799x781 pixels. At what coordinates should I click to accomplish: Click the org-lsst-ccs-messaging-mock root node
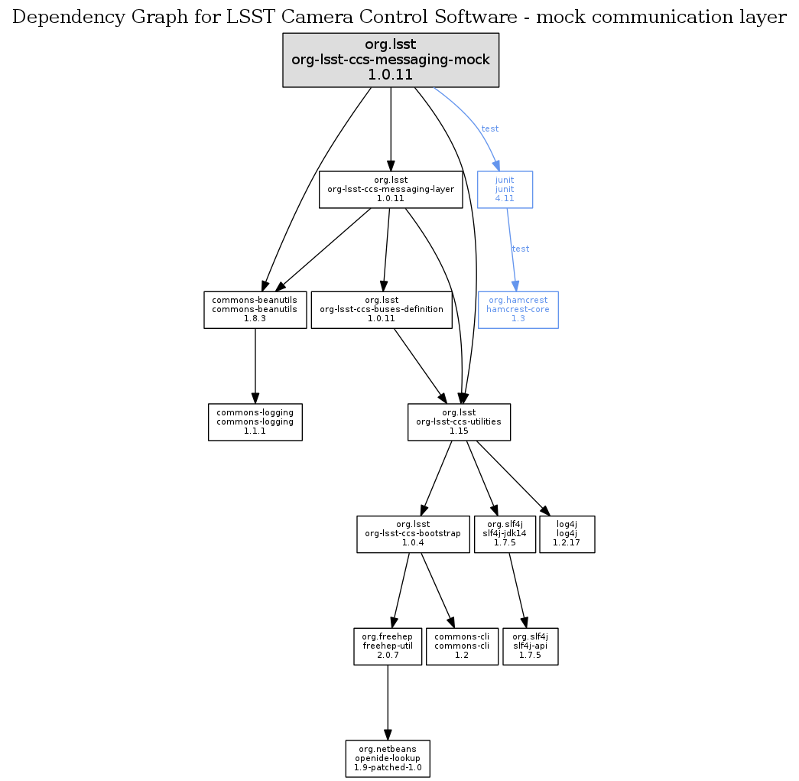click(x=391, y=60)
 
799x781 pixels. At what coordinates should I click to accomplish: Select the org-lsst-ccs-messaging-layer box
click(x=391, y=190)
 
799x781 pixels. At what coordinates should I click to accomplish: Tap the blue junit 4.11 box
click(x=505, y=190)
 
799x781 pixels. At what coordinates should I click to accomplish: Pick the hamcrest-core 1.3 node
click(x=518, y=310)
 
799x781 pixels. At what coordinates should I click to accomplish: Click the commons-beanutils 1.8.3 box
click(x=255, y=310)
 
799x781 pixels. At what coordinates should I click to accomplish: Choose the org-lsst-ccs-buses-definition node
click(x=382, y=310)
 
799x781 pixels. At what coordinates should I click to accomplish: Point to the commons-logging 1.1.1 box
click(x=255, y=422)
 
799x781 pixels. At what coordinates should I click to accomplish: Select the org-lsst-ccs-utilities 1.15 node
click(x=459, y=422)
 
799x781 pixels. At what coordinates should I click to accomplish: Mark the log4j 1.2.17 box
click(x=567, y=534)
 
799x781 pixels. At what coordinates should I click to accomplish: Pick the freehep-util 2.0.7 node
click(x=388, y=646)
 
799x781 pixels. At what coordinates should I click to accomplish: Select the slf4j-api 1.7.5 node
click(x=531, y=646)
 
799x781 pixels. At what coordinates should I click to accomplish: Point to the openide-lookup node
click(x=388, y=758)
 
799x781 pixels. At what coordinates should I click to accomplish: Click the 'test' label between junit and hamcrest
click(x=521, y=249)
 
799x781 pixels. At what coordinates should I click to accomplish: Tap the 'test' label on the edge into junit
click(x=490, y=129)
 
